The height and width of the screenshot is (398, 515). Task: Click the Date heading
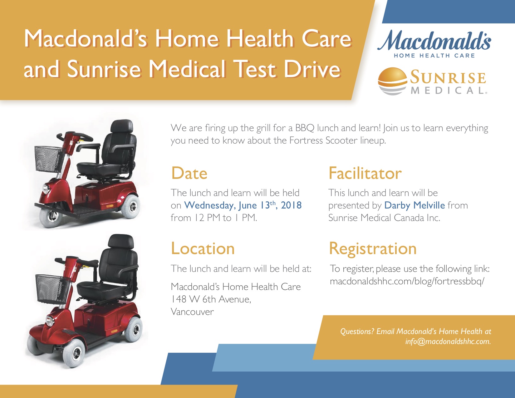click(x=189, y=173)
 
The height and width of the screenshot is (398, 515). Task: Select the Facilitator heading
click(x=365, y=173)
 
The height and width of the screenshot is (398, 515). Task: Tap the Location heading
click(x=203, y=248)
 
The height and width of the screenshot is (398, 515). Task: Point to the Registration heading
click(x=373, y=249)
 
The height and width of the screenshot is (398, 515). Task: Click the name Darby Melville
click(x=414, y=205)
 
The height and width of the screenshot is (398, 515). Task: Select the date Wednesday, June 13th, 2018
click(x=243, y=205)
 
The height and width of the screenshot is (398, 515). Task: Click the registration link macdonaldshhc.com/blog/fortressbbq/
click(x=407, y=281)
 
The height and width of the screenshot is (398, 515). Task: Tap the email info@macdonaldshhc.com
click(x=448, y=341)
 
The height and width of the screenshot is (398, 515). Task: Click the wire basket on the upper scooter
click(x=49, y=159)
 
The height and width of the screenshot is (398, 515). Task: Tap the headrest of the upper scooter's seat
click(x=122, y=126)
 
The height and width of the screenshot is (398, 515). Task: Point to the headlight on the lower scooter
click(x=50, y=321)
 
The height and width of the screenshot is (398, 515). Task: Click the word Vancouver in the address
click(x=192, y=312)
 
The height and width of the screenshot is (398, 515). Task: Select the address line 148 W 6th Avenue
click(x=211, y=299)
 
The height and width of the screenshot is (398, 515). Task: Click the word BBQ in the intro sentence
click(x=305, y=128)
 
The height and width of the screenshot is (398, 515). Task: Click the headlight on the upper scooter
click(x=46, y=189)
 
